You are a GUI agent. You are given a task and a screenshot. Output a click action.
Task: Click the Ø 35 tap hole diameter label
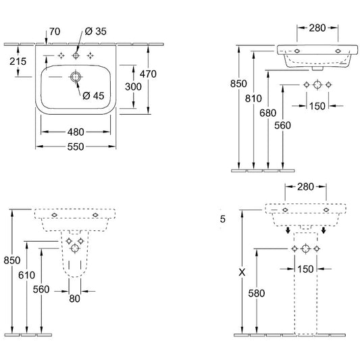95,31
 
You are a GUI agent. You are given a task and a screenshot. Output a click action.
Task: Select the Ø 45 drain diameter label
93,95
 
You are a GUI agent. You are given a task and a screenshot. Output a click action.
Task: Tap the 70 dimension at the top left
55,32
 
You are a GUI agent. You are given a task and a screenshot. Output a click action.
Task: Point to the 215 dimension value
18,61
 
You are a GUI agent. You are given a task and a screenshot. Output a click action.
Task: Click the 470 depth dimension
148,74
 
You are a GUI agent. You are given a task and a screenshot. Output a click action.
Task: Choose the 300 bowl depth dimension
133,86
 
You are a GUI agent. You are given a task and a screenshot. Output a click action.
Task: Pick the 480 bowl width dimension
76,132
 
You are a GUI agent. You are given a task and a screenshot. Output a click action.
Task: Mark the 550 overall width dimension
76,147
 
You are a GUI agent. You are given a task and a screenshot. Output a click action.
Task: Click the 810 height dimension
253,98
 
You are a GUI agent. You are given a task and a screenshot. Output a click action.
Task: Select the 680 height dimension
268,113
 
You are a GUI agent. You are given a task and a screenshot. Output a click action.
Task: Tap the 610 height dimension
26,275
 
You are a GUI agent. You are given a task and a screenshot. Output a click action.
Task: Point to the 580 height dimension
257,293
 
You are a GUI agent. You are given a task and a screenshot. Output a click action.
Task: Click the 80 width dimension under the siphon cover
74,299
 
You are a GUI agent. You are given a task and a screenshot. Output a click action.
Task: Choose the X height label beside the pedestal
242,272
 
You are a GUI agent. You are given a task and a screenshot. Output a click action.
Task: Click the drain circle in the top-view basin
75,77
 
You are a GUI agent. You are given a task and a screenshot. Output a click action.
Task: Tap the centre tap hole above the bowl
76,55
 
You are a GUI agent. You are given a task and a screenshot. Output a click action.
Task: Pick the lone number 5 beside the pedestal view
222,219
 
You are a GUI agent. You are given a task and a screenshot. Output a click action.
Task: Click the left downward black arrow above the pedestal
288,230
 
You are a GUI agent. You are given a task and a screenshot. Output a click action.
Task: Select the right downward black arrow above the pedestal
324,230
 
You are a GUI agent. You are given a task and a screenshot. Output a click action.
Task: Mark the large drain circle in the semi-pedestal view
74,248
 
